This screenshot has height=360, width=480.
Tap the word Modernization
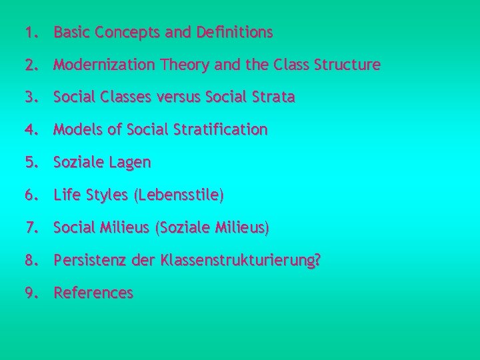coord(105,65)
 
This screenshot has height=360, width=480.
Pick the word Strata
coord(273,97)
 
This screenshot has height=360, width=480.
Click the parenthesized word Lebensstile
coord(179,195)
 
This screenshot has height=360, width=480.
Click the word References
coord(93,293)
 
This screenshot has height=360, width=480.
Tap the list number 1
coord(28,32)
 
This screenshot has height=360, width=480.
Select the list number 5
coord(28,163)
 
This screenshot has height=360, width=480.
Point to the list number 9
coord(28,293)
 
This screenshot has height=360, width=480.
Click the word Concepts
coord(119,32)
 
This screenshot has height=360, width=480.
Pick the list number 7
coord(28,228)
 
